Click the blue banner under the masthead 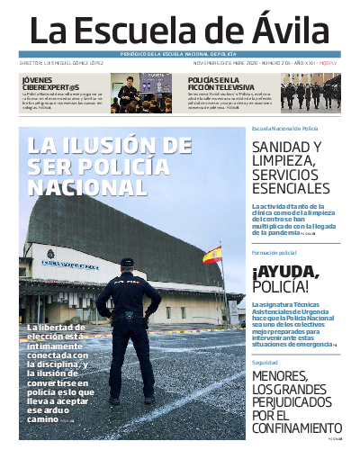(x=180, y=55)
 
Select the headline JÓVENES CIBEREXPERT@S (x=47, y=82)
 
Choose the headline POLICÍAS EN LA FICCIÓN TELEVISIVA (x=218, y=83)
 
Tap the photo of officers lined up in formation (x=310, y=94)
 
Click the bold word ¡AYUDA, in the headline (x=285, y=272)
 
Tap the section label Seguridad (x=265, y=362)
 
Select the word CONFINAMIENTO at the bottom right (x=295, y=428)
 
